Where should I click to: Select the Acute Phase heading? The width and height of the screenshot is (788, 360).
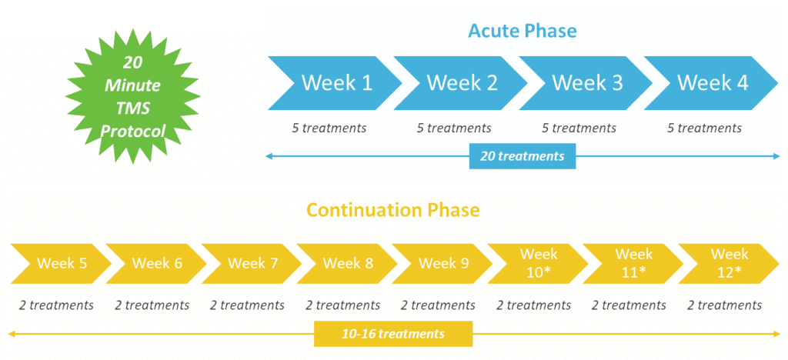pos(523,31)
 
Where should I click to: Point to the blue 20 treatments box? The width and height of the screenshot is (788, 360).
pos(523,156)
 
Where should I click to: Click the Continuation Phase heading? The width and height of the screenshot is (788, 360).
pos(393,209)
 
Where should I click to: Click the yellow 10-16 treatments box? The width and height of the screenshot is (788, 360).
pos(393,334)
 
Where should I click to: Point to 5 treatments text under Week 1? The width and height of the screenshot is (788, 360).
pos(329,128)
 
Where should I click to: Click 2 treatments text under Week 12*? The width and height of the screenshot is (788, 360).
pos(724,305)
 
